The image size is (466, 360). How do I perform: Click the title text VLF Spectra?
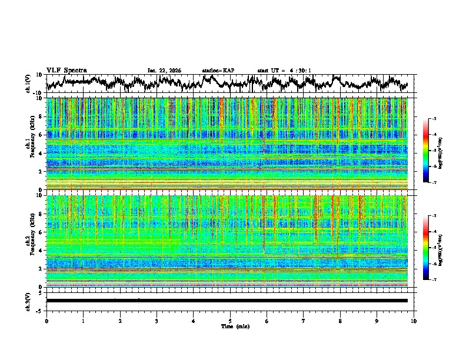66,71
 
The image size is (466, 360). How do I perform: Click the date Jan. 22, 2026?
164,71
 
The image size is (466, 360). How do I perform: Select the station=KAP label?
218,71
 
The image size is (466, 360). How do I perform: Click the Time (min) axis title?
230,326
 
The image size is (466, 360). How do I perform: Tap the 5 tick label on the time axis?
230,321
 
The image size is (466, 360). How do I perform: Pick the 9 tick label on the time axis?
377,321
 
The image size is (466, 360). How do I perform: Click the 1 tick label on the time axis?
83,321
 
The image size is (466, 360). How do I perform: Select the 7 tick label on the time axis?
304,321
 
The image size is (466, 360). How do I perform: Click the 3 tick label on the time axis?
157,321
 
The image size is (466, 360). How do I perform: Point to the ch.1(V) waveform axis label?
29,84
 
